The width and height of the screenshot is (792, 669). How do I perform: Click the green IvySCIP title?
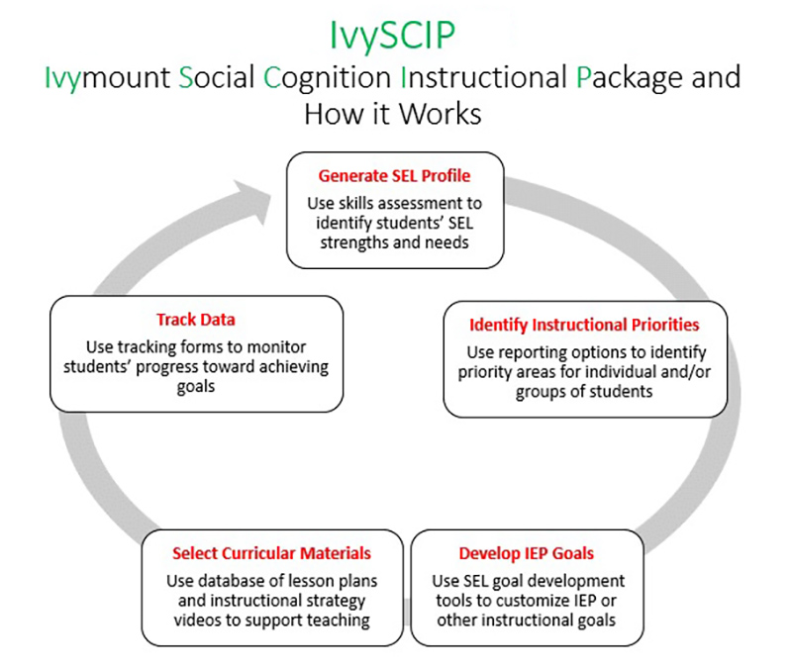tap(392, 36)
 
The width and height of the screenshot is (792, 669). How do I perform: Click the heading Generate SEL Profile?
tap(394, 176)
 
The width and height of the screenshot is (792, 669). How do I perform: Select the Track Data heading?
tap(196, 320)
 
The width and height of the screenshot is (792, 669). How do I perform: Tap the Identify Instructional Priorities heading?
tap(584, 325)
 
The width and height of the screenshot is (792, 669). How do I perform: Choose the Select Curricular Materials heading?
tap(271, 553)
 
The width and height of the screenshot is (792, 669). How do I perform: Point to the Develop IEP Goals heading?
tap(527, 553)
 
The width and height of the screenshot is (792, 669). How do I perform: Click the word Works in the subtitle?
tap(441, 114)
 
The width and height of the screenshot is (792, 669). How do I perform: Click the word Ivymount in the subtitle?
tap(108, 78)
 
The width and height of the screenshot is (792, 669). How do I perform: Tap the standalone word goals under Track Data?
tap(196, 387)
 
